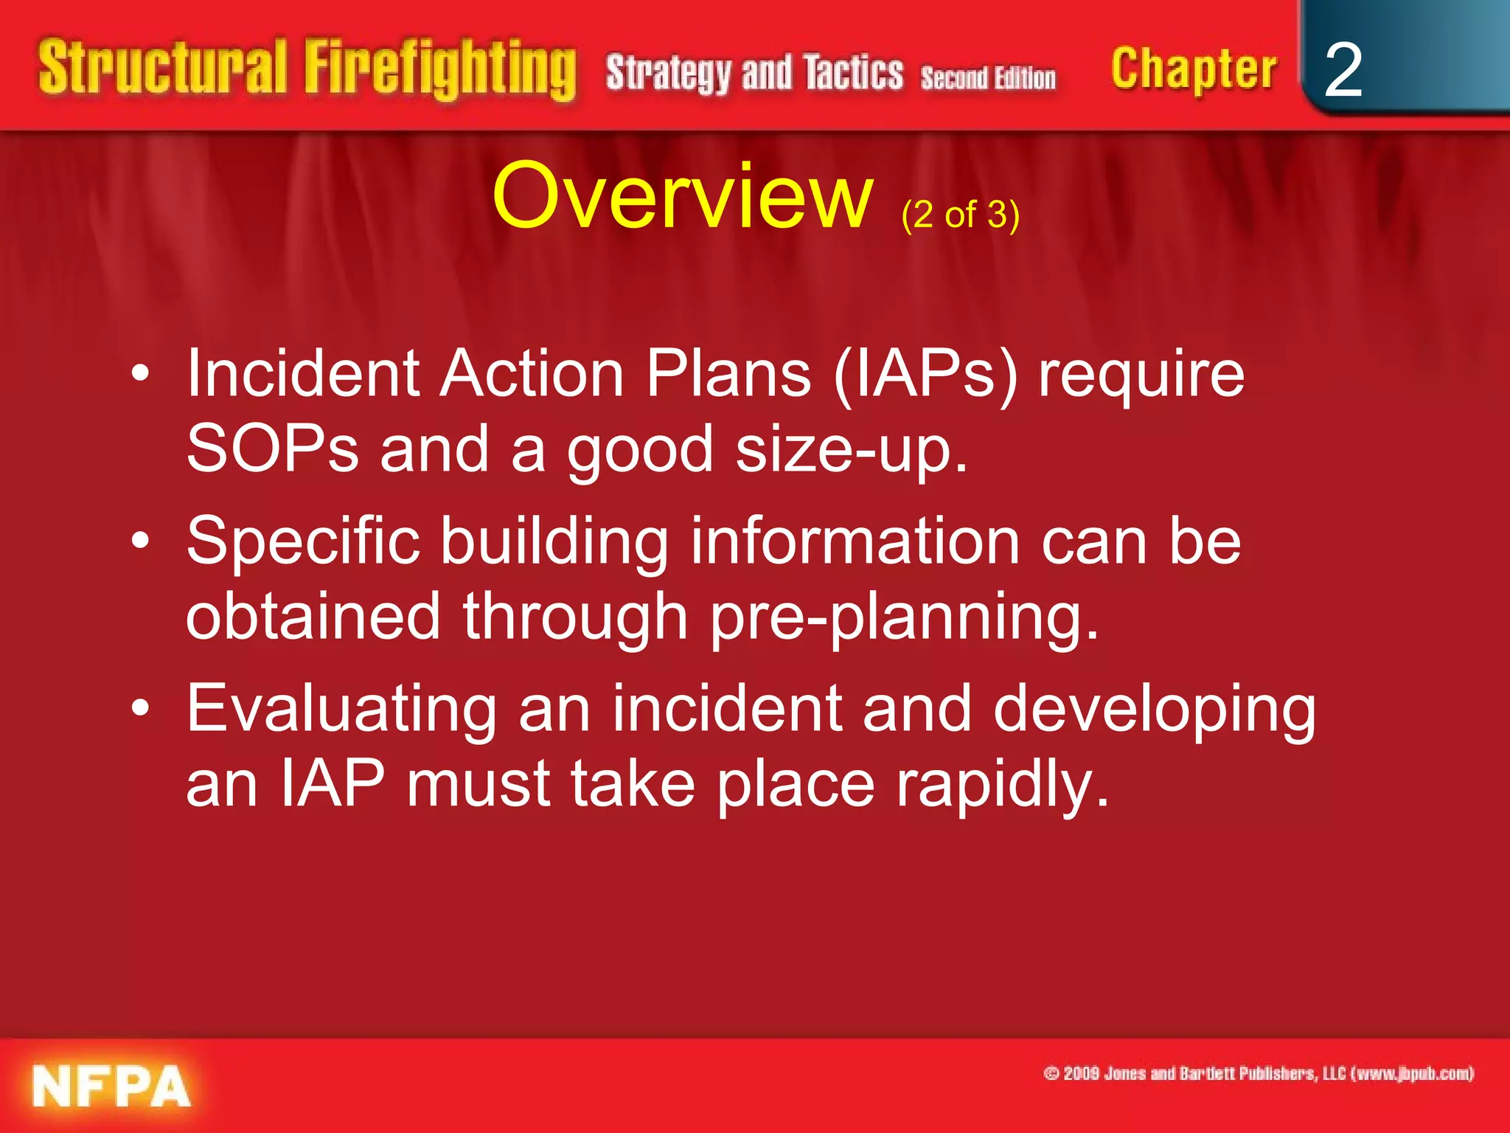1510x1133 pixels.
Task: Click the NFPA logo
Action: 111,1086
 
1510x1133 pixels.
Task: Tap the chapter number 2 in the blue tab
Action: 1343,70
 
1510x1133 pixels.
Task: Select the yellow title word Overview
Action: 683,197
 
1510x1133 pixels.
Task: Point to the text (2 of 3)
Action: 960,215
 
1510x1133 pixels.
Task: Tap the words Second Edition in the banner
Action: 988,77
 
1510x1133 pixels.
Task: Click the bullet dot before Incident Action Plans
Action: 140,374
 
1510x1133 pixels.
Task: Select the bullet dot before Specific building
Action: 140,541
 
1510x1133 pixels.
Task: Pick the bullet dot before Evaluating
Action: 140,708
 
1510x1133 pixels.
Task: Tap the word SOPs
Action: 272,449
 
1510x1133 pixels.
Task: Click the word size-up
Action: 851,451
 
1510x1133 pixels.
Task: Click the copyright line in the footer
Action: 1258,1073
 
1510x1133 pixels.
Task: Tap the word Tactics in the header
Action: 853,73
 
